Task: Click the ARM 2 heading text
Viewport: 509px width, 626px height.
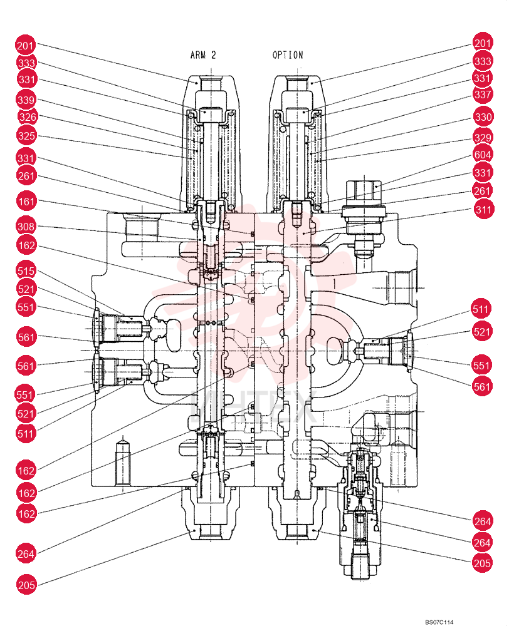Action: click(202, 55)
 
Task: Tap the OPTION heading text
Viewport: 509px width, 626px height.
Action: click(288, 55)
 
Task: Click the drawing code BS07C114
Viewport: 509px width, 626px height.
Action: click(439, 622)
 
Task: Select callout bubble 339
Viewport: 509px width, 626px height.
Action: click(26, 100)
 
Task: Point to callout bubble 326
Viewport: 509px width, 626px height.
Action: click(28, 117)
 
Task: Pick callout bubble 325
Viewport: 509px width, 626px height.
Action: click(26, 136)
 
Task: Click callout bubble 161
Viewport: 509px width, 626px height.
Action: click(26, 201)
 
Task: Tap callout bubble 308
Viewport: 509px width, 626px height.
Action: click(26, 227)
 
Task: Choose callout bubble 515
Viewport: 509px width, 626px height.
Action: click(26, 271)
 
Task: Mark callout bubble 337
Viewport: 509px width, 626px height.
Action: click(483, 95)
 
